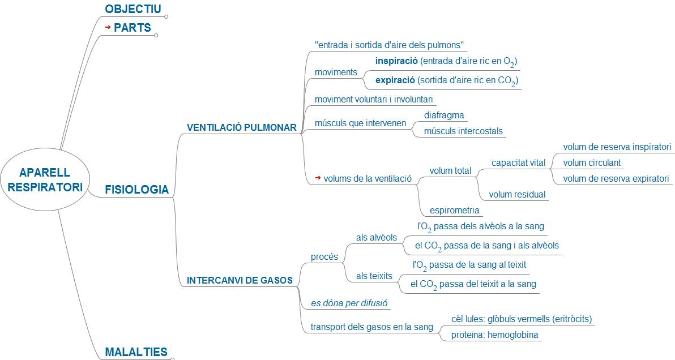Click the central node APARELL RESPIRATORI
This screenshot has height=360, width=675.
45,179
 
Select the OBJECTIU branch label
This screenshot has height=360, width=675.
133,9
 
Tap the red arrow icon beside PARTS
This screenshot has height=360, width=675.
108,27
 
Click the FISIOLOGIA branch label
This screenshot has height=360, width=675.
137,190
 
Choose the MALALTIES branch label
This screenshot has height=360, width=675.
136,352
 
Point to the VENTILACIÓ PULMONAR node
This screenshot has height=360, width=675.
242,128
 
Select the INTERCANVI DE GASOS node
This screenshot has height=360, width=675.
240,280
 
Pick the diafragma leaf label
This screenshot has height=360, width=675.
444,115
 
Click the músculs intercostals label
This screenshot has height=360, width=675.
463,131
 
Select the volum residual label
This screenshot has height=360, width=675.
517,195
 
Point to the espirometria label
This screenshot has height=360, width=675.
455,211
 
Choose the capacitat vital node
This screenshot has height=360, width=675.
518,163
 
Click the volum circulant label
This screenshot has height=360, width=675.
592,163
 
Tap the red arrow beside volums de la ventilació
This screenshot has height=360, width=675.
318,178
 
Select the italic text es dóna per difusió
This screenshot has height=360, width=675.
349,303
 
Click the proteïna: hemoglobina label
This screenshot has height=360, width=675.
494,335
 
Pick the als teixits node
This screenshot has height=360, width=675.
374,276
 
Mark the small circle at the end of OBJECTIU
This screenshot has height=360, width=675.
166,16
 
